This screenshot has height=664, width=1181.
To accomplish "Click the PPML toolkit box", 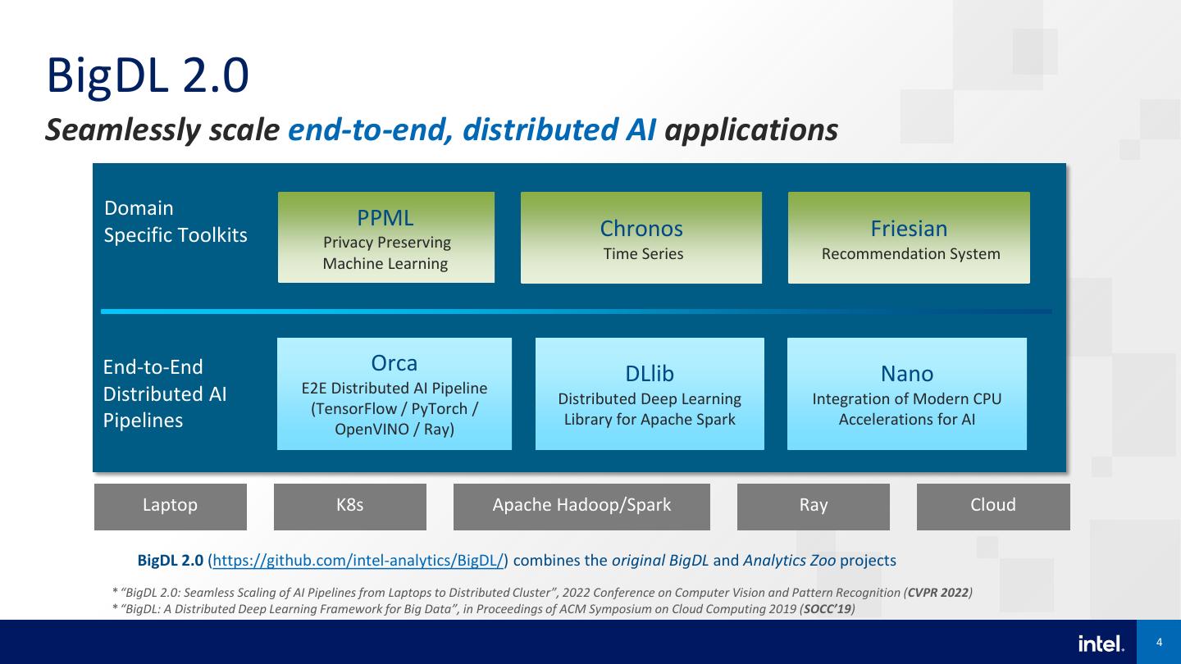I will (385, 238).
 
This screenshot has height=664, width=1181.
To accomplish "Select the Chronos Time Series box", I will (641, 238).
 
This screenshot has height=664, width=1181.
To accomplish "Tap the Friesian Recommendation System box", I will (909, 238).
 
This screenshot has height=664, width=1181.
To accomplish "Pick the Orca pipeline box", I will (394, 393).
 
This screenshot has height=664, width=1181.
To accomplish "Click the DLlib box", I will (650, 393).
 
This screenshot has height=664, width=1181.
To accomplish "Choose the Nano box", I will (907, 393).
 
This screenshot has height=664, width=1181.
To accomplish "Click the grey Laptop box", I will (171, 506).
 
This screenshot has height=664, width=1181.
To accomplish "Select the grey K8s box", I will (350, 506).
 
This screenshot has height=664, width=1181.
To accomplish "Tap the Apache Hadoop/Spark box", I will (581, 506).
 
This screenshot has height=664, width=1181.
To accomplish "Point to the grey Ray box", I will (814, 506).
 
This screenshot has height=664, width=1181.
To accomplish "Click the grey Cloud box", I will (993, 506).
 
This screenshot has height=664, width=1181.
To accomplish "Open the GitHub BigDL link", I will (358, 561).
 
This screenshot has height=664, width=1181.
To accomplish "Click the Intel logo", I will (1101, 644).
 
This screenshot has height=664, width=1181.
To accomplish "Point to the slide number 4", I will (1159, 643).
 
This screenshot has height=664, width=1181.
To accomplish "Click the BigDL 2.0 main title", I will (148, 76).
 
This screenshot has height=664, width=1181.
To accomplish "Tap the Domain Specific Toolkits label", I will (176, 221).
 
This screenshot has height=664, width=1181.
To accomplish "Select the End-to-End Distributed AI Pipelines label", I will (164, 393).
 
